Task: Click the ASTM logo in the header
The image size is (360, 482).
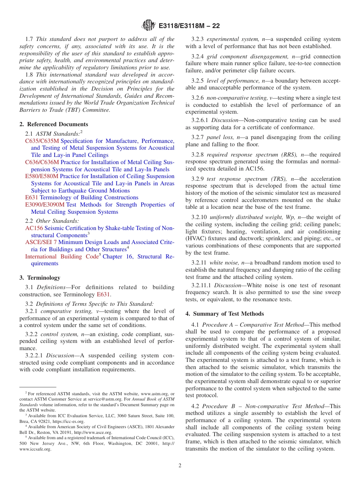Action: tap(148, 25)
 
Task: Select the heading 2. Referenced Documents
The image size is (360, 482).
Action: tap(54, 124)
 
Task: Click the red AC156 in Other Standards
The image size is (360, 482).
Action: tap(34, 228)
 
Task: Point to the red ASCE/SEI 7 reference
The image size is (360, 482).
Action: tap(41, 242)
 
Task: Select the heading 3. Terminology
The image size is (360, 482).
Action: tap(40, 278)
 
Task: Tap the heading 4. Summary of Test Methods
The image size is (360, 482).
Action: tap(225, 314)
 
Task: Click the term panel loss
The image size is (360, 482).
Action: tap(219, 137)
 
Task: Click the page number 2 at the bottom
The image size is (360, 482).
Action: tap(180, 465)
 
